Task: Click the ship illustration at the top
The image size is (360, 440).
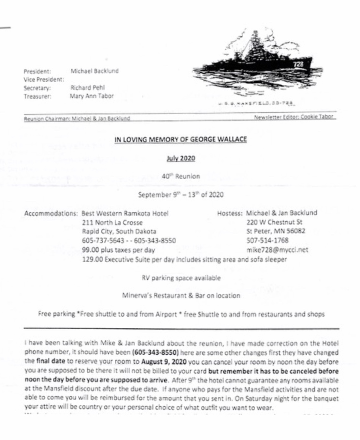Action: [256, 65]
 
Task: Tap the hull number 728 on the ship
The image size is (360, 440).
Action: [299, 64]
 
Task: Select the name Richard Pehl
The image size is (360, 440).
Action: [88, 88]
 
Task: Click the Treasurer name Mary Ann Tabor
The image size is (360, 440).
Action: [92, 96]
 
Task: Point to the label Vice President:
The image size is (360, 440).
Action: [44, 80]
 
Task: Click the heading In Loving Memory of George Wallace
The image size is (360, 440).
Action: [180, 139]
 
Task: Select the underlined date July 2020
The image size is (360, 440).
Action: [181, 158]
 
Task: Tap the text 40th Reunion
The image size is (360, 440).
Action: [181, 176]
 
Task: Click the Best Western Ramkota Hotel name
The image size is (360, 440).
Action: [125, 214]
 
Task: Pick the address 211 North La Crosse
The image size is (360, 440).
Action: [112, 223]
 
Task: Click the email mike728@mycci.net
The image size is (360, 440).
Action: [277, 250]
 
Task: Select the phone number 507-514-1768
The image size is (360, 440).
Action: [267, 240]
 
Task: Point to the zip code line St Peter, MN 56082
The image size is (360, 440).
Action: [276, 231]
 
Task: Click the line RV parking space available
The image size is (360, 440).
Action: [181, 278]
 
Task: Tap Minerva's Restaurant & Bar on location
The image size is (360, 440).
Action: [181, 296]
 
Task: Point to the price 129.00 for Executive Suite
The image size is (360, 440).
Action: [92, 259]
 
